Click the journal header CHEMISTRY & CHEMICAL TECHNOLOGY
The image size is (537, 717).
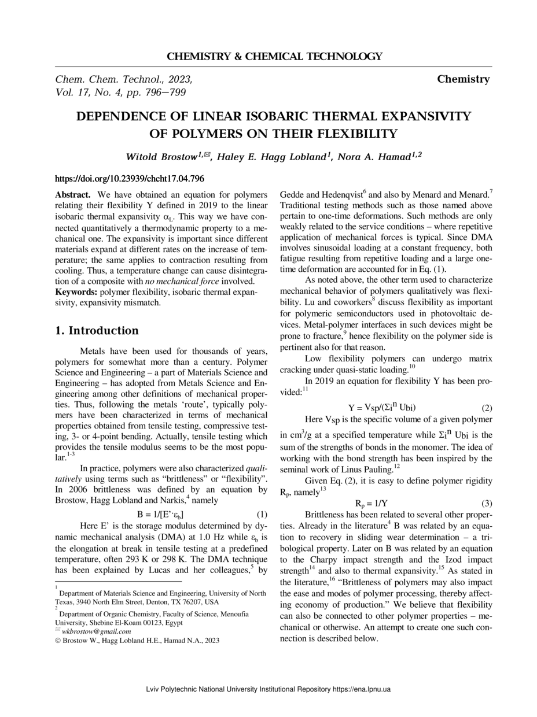coord(274,57)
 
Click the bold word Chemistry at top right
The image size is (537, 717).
coord(463,79)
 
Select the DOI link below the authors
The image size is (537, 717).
coord(129,179)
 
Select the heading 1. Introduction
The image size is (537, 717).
coord(97,331)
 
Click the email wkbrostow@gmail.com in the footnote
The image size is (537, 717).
coord(96,631)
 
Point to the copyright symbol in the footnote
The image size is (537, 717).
coord(58,641)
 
